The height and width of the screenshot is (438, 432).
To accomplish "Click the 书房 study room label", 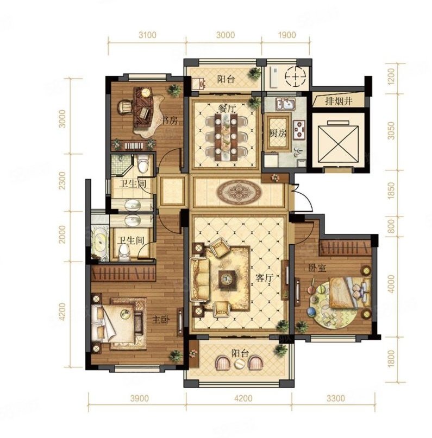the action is click(170, 121).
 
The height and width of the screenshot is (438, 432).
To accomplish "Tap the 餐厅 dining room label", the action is click(226, 109).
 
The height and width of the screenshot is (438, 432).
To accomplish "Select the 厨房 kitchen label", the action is click(278, 134).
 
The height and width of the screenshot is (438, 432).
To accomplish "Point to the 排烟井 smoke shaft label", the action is click(339, 101).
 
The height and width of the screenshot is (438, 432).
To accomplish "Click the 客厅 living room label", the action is click(264, 278).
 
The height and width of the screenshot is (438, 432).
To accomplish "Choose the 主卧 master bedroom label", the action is click(161, 320).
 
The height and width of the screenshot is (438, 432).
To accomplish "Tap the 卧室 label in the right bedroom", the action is click(317, 268).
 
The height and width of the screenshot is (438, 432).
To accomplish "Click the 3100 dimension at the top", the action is click(147, 35).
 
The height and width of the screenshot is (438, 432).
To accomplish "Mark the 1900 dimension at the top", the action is click(287, 35).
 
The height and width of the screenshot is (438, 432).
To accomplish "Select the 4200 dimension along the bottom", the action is click(243, 398).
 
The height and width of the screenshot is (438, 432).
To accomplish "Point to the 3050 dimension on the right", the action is click(391, 130).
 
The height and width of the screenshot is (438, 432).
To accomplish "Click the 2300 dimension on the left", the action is click(63, 180).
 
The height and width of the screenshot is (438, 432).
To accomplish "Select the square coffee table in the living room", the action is click(227, 279).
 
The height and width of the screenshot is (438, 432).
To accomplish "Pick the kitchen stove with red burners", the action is click(299, 129).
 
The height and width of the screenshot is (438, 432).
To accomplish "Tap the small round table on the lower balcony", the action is click(239, 364).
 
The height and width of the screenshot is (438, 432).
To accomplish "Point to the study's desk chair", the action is click(126, 107).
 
